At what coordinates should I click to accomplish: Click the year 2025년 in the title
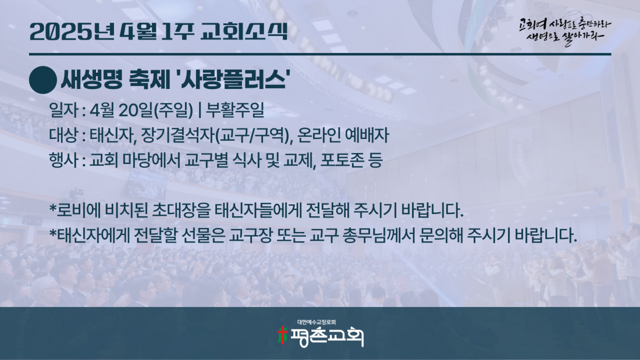(x=72, y=31)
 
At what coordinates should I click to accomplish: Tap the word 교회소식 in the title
(x=244, y=31)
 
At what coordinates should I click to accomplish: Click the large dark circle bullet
(x=43, y=80)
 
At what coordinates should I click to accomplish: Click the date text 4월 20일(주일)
(x=141, y=110)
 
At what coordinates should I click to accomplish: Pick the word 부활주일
(x=235, y=110)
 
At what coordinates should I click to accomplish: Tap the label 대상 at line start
(x=63, y=135)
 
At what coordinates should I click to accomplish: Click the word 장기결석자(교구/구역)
(x=217, y=135)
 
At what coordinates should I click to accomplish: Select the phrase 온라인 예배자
(x=343, y=135)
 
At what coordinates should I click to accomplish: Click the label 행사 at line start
(x=63, y=160)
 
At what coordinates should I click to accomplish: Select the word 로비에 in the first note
(x=78, y=210)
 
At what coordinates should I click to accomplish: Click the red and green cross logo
(x=282, y=336)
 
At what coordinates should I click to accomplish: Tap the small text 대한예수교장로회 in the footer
(x=317, y=322)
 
